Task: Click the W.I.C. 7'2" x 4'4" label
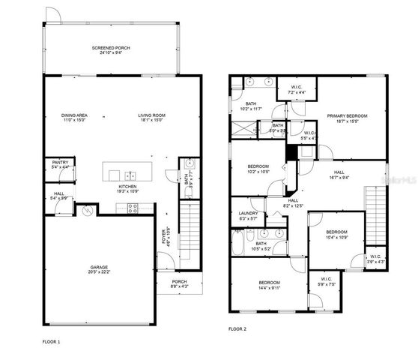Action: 297,89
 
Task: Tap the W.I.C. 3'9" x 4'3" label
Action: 375,259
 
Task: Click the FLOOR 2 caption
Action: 237,328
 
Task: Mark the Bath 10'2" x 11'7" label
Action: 249,107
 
